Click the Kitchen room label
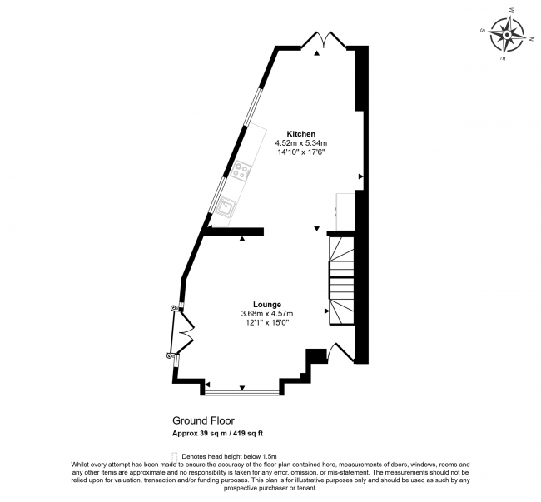301,134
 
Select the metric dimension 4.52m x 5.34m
300,143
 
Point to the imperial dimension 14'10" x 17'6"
300,152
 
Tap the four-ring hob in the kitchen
242,172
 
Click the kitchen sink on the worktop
228,204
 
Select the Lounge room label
267,304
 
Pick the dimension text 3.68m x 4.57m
267,313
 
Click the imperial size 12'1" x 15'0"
267,322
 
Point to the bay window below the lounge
241,391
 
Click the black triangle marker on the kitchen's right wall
360,176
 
